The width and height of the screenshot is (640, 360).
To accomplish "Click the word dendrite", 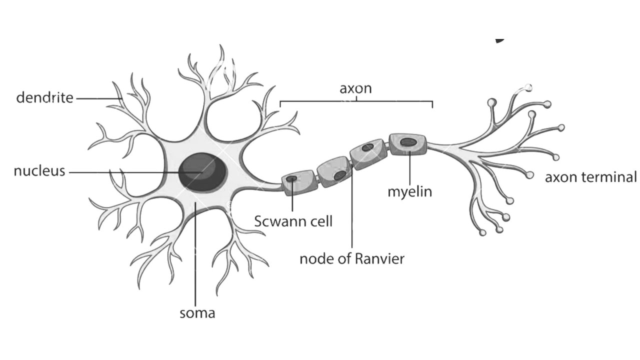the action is pyautogui.click(x=45, y=97).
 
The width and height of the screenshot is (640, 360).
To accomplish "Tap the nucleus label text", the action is pyautogui.click(x=39, y=171).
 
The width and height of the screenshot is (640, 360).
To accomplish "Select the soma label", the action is pyautogui.click(x=197, y=313).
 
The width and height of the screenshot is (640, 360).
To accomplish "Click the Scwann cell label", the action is pyautogui.click(x=293, y=221).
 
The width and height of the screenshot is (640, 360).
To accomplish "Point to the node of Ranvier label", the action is pyautogui.click(x=352, y=259).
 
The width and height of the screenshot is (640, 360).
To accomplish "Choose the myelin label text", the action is pyautogui.click(x=409, y=192).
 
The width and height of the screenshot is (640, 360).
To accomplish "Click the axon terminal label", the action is pyautogui.click(x=591, y=177).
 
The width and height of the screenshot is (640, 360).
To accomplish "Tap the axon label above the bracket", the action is pyautogui.click(x=355, y=88).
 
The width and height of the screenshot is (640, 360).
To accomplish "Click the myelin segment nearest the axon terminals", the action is pyautogui.click(x=408, y=144).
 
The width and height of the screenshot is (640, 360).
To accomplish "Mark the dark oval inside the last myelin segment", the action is pyautogui.click(x=408, y=142).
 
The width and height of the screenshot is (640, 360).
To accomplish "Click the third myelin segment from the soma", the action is pyautogui.click(x=368, y=154).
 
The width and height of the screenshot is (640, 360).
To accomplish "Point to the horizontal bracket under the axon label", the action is pyautogui.click(x=356, y=101).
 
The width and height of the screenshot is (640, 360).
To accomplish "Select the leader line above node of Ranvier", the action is pyautogui.click(x=352, y=208).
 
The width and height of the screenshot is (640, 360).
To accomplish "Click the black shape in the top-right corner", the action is pyautogui.click(x=499, y=40).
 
